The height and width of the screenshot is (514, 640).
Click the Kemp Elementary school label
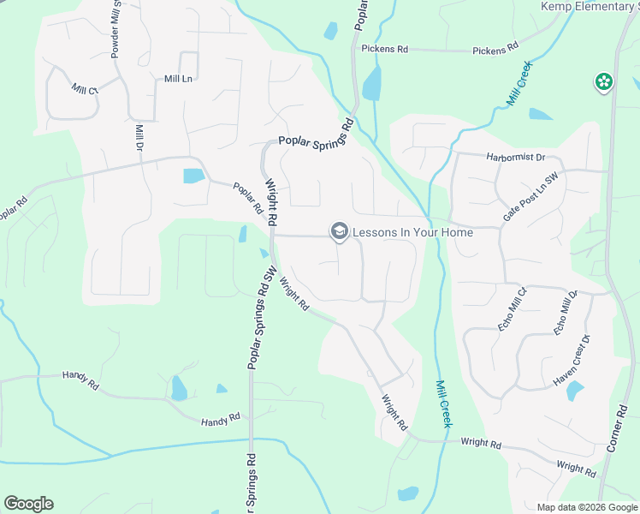click(x=590, y=6)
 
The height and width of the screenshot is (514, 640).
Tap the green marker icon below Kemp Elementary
click(x=603, y=82)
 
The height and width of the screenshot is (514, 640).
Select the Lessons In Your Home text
click(x=412, y=232)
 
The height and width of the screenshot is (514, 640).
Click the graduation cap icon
click(x=339, y=231)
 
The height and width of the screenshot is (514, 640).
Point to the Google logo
click(x=28, y=504)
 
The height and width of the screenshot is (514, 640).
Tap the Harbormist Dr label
click(x=515, y=157)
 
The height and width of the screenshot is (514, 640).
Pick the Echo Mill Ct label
click(x=515, y=309)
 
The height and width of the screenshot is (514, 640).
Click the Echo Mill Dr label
click(x=566, y=313)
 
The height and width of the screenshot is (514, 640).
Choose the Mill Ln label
click(x=178, y=79)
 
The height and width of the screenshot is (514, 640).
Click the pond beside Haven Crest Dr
click(x=574, y=391)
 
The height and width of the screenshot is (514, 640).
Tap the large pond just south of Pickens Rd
click(x=372, y=84)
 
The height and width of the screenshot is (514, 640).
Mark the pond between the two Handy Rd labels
click(x=179, y=389)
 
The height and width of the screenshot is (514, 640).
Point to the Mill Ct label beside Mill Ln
click(x=86, y=89)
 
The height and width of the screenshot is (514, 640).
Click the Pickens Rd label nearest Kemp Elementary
click(x=496, y=51)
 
